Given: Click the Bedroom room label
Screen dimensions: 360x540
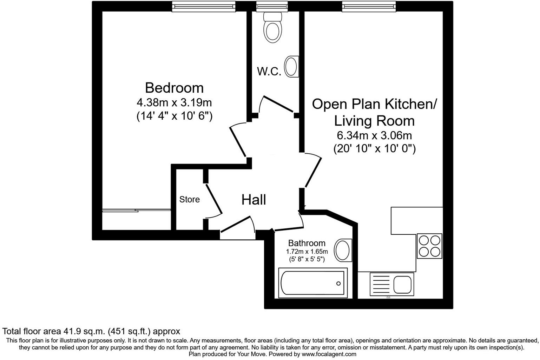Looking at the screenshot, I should [174, 88].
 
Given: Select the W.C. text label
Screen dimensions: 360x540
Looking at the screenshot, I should [269, 72].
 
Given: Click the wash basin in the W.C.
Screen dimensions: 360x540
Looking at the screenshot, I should [291, 67].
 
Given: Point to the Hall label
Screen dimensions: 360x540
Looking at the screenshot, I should [253, 200].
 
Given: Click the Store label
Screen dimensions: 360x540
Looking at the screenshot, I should [189, 200].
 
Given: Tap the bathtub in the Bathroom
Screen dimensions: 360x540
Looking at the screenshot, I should [312, 283].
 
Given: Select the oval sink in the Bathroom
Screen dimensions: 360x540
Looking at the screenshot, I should [343, 251].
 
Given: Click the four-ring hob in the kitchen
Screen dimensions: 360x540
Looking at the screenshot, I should [429, 246].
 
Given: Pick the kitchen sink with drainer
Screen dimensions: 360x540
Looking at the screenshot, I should [391, 284].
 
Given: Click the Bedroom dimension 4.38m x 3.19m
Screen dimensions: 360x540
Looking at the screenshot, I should [174, 103].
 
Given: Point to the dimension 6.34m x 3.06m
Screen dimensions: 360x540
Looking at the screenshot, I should [374, 135].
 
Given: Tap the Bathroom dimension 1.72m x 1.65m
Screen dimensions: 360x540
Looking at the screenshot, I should [307, 252].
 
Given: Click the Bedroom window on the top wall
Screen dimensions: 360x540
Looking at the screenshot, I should [203, 6].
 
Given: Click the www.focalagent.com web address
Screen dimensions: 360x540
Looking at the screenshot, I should [329, 354].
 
